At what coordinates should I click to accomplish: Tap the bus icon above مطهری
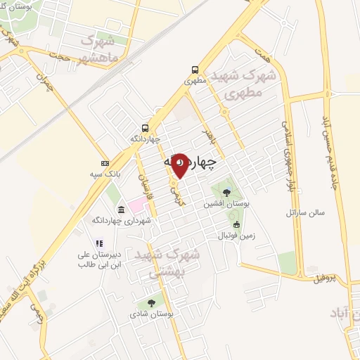195,70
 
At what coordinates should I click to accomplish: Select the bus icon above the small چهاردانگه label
145,128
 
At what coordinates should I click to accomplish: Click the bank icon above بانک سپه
105,163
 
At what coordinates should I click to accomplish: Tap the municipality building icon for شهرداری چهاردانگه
122,210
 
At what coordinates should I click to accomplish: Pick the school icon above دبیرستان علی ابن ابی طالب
99,243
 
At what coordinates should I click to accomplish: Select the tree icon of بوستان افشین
226,192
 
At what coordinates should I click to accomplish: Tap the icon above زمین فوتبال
236,225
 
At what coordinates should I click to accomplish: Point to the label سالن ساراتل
303,212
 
